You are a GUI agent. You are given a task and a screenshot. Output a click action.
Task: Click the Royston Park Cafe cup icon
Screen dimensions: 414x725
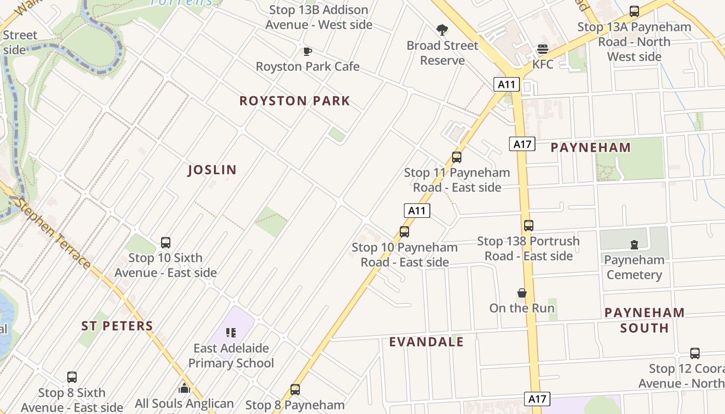[307, 51]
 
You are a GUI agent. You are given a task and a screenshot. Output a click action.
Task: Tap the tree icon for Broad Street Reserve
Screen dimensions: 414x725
[442, 29]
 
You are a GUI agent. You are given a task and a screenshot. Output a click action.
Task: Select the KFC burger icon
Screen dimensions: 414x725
[543, 49]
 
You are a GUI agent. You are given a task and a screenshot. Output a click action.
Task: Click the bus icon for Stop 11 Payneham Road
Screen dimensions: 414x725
[456, 157]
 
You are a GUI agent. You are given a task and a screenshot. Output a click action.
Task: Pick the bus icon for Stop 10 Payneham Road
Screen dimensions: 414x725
[404, 232]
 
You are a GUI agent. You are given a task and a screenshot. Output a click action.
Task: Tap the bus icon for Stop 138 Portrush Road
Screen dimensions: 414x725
[528, 226]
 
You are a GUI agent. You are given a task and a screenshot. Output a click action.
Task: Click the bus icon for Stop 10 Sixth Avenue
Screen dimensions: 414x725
[166, 242]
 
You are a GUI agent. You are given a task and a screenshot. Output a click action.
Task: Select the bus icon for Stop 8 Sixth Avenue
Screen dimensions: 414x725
[72, 377]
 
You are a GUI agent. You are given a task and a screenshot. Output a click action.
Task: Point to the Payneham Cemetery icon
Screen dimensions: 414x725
[634, 244]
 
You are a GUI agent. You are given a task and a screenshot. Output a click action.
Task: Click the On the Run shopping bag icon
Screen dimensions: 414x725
[522, 293]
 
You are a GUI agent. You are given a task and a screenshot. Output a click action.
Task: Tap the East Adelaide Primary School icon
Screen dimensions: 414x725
[231, 332]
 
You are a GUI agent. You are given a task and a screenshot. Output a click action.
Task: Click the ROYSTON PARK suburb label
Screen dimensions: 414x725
[295, 101]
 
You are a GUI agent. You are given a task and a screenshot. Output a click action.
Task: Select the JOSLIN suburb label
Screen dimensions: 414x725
[212, 170]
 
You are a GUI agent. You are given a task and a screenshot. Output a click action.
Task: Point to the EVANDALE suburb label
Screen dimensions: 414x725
[426, 342]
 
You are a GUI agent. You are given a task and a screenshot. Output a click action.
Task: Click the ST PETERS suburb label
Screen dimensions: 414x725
[118, 326]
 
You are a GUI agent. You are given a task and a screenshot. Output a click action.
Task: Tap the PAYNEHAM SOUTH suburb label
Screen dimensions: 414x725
[644, 320]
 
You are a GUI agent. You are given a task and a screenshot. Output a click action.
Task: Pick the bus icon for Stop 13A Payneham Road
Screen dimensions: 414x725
[634, 11]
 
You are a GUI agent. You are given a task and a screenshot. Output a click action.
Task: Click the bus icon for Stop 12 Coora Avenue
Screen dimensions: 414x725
[695, 353]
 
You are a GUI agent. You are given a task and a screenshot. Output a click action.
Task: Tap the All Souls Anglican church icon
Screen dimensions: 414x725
[184, 388]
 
